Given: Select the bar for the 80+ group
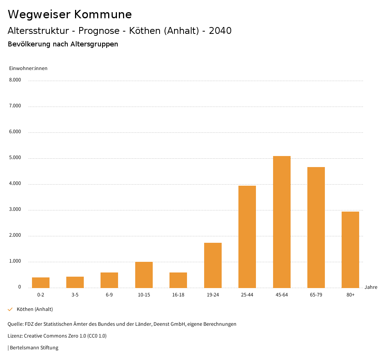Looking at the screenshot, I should coord(350,250).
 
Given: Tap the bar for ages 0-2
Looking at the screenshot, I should coord(41,282).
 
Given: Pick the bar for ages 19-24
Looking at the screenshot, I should coord(213,265).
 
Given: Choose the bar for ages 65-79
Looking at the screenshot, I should coord(316,227).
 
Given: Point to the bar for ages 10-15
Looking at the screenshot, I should coord(144,275).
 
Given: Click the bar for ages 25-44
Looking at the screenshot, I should coord(247,237).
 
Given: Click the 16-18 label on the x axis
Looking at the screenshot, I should coord(178,295).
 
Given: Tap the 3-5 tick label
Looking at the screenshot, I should coord(75,295).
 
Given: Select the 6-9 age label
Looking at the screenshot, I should coord(109,295).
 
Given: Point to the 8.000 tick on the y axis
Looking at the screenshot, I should coord(15,80).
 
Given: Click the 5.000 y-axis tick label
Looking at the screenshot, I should coord(15,158).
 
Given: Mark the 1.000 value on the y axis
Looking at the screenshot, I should coord(15,261).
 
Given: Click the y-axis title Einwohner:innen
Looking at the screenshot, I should coord(28,68).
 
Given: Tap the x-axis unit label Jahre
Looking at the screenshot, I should coord(371,287).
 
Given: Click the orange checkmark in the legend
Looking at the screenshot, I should coord(10,309).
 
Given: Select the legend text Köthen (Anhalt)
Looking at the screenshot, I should coord(35,309).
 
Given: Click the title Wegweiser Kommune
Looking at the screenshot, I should coord(70,14).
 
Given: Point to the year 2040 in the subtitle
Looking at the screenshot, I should coord(220,31).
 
